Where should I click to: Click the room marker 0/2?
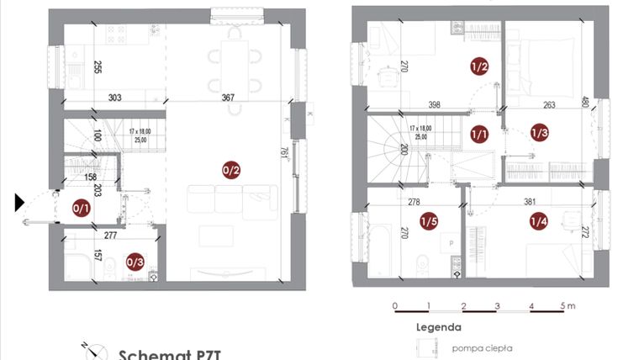click(x=231, y=171)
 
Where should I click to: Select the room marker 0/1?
click(x=82, y=208)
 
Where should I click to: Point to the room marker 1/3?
click(x=539, y=133)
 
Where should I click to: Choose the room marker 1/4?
click(x=539, y=221)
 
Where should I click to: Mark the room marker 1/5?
click(x=428, y=221)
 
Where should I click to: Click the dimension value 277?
click(x=111, y=236)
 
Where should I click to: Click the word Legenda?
click(x=438, y=327)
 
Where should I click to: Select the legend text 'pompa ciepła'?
click(x=482, y=347)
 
